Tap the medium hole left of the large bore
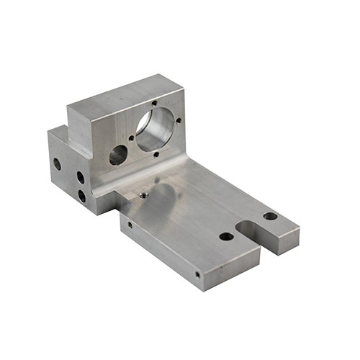click(x=118, y=154)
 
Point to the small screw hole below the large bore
click(x=155, y=153)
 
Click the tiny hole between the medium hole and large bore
click(x=131, y=138)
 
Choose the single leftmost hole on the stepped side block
click(x=57, y=163)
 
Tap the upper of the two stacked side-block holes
click(x=80, y=177)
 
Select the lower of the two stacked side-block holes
click(x=81, y=195)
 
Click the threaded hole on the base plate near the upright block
click(x=144, y=194)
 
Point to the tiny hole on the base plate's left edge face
click(x=130, y=225)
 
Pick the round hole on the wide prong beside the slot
click(x=226, y=236)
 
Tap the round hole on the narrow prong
click(x=270, y=216)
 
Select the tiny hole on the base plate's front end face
click(x=197, y=274)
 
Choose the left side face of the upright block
click(x=81, y=133)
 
